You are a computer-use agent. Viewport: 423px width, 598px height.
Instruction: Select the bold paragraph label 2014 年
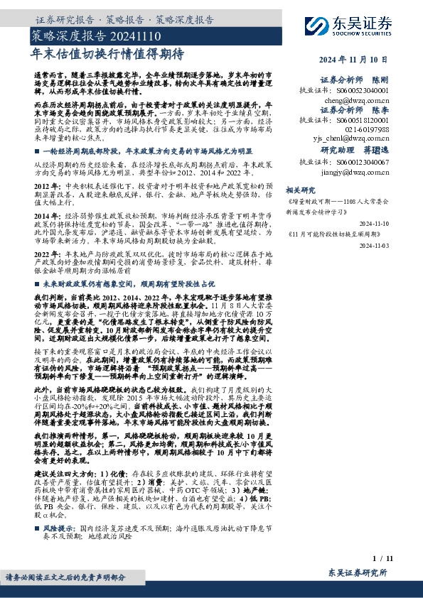tap(45, 214)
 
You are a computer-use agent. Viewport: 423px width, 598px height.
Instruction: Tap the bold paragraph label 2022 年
tap(45, 254)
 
